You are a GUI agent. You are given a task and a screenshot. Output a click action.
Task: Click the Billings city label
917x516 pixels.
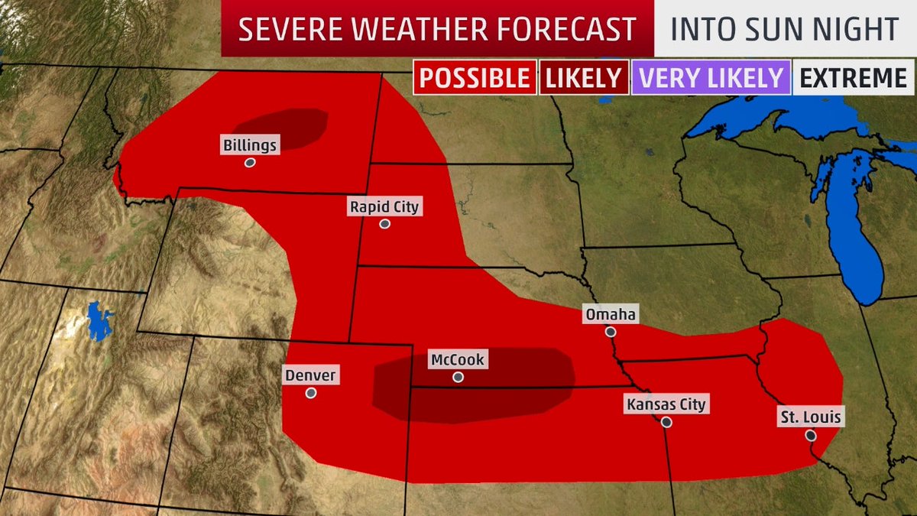(x=251, y=144)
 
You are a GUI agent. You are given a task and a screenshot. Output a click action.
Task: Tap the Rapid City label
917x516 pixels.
(x=385, y=206)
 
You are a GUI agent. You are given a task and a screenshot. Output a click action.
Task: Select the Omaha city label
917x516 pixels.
(x=610, y=314)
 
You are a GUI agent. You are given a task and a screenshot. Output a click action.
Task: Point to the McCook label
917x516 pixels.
(x=458, y=359)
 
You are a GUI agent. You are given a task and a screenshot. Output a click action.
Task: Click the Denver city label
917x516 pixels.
(x=311, y=375)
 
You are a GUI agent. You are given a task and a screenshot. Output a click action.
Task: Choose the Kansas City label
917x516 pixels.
(x=666, y=404)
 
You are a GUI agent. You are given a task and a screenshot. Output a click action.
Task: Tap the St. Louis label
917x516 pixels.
(x=810, y=417)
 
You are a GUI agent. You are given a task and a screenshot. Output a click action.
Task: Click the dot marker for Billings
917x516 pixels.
(x=250, y=163)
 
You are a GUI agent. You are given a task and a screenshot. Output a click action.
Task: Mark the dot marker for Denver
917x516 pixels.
(x=311, y=393)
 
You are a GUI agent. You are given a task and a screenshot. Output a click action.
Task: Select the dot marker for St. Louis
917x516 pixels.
(x=810, y=436)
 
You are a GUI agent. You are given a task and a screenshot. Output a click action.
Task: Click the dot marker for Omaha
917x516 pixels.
(x=610, y=332)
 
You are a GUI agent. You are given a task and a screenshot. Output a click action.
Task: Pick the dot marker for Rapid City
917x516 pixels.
(x=385, y=224)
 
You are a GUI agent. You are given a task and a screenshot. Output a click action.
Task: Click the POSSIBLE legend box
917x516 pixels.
(x=474, y=77)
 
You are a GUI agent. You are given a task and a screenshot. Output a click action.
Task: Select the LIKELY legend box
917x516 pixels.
(x=584, y=77)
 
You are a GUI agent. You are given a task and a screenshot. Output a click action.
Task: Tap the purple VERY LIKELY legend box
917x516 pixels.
(x=711, y=77)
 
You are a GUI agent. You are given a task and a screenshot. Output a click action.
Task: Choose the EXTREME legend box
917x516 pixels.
(x=851, y=77)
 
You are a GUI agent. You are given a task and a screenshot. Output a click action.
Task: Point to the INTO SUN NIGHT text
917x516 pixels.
(x=784, y=28)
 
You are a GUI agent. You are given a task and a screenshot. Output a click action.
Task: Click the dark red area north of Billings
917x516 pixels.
(x=283, y=126)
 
